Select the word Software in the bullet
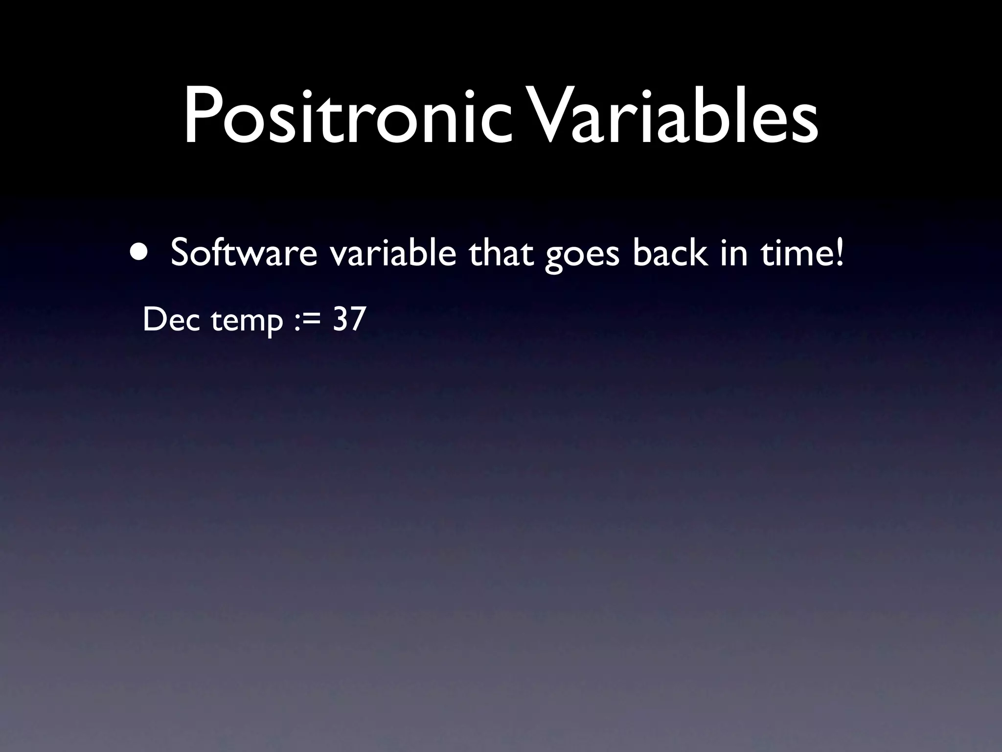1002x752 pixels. pyautogui.click(x=244, y=254)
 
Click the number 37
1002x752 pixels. pyautogui.click(x=349, y=319)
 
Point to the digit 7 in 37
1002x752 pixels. pyautogui.click(x=358, y=319)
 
